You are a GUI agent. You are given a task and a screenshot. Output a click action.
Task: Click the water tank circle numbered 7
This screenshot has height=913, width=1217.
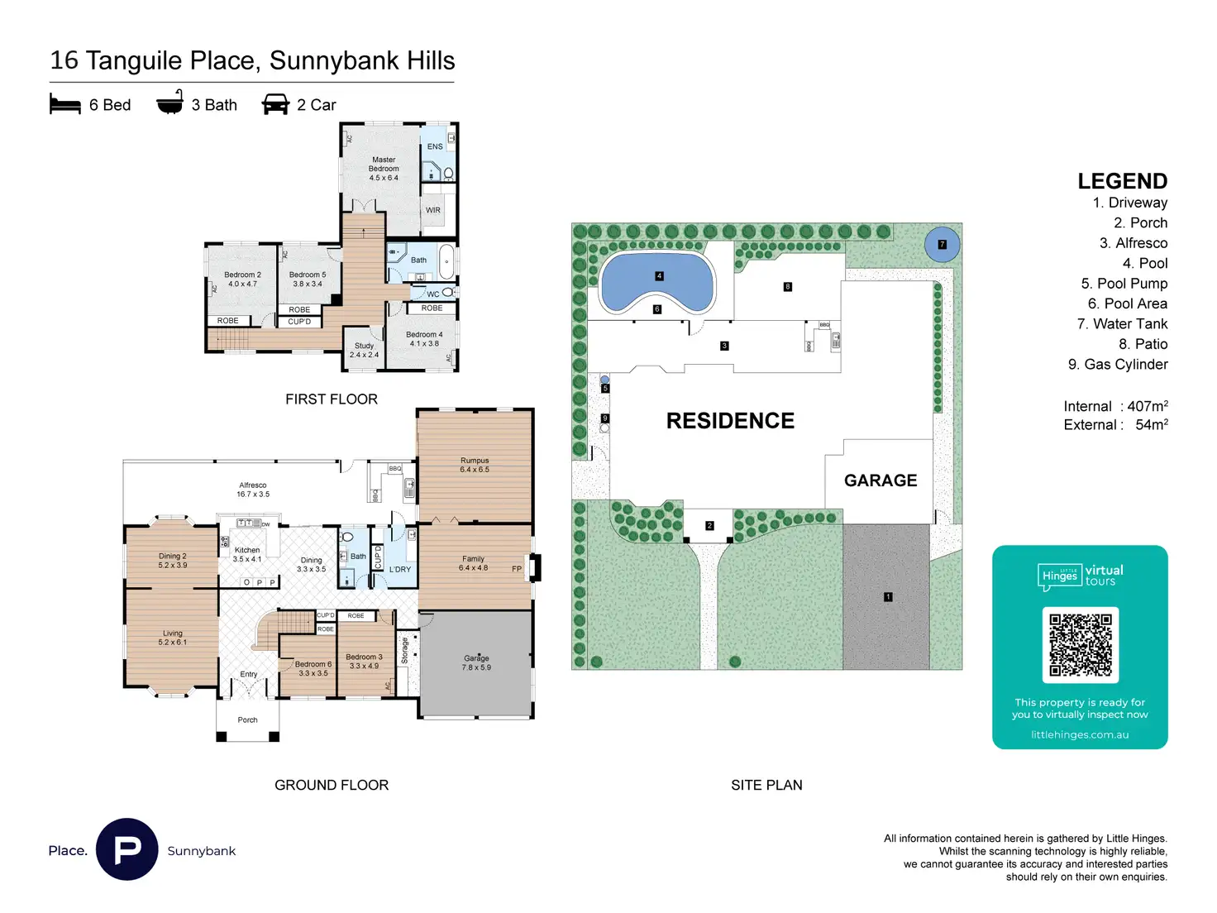pyautogui.click(x=942, y=245)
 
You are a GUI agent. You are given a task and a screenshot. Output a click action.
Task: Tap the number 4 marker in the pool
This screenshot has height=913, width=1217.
pyautogui.click(x=659, y=276)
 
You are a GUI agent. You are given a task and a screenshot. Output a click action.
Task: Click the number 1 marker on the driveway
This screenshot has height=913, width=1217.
pyautogui.click(x=888, y=596)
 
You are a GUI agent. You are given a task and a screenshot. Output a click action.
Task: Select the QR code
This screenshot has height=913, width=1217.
pyautogui.click(x=1080, y=645)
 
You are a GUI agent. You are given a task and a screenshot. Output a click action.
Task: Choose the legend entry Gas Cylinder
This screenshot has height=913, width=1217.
pyautogui.click(x=1118, y=364)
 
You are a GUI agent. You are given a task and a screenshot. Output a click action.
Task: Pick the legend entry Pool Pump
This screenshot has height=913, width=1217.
pyautogui.click(x=1124, y=284)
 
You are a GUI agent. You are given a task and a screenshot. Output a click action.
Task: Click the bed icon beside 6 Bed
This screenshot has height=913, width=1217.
pyautogui.click(x=65, y=104)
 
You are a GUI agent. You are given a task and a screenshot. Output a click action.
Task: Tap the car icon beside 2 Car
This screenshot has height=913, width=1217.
pyautogui.click(x=275, y=104)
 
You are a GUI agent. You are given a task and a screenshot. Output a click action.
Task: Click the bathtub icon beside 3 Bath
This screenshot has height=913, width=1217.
pyautogui.click(x=169, y=103)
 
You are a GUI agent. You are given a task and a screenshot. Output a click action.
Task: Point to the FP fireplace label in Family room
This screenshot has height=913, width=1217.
pyautogui.click(x=517, y=569)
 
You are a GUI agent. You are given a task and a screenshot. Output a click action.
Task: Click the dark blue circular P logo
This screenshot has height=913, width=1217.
pyautogui.click(x=127, y=849)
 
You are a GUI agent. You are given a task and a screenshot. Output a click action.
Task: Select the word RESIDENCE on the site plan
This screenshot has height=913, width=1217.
pyautogui.click(x=730, y=421)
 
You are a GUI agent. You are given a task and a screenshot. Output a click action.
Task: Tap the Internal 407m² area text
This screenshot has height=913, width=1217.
pyautogui.click(x=1115, y=406)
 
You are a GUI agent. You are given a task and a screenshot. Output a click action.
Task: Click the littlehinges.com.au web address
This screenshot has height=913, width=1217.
pyautogui.click(x=1080, y=734)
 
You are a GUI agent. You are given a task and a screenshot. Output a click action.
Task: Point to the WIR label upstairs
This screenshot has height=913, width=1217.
pyautogui.click(x=433, y=210)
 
